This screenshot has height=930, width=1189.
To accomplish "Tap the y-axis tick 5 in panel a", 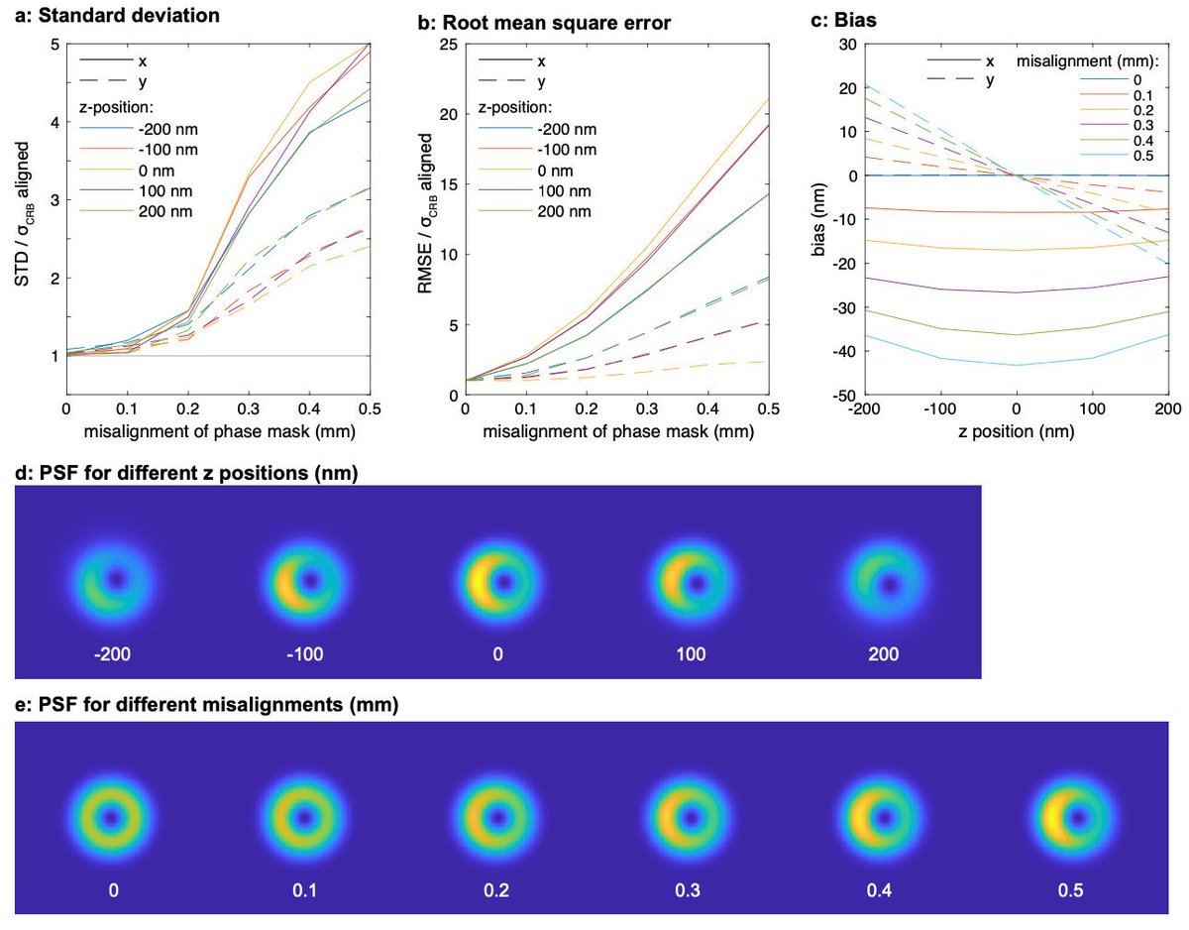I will [x=54, y=45].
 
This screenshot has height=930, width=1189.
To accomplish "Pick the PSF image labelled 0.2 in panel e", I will [x=497, y=820].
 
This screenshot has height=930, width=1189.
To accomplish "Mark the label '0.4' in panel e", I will [x=882, y=890].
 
